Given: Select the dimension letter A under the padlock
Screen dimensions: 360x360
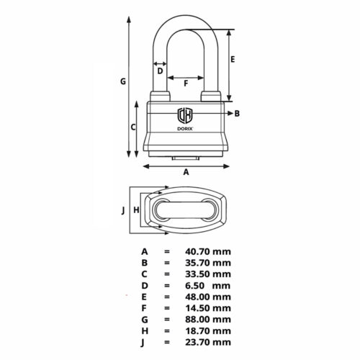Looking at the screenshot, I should [186, 172].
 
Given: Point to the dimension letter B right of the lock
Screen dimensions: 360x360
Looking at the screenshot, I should [238, 114].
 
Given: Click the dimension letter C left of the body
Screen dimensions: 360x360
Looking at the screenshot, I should [132, 127].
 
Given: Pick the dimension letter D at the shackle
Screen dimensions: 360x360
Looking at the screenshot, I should [160, 71].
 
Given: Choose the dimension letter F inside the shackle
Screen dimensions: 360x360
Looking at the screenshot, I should [186, 84].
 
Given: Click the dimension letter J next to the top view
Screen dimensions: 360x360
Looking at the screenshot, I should [123, 210].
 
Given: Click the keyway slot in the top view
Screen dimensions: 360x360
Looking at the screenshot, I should [186, 212].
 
